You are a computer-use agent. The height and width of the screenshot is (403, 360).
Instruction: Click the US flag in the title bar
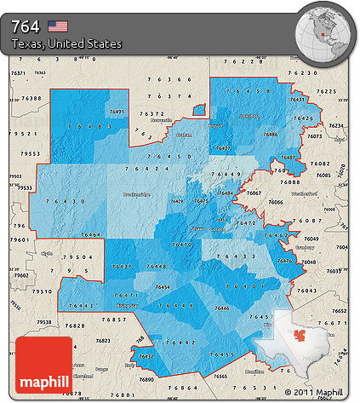click(57, 26)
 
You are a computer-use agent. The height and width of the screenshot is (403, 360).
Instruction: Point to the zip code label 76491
click(117, 112)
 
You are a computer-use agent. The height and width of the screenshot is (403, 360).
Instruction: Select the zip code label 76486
click(270, 135)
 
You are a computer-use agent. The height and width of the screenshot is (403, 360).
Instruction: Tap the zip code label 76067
click(254, 193)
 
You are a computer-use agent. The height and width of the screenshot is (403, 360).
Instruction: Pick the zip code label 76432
click(146, 356)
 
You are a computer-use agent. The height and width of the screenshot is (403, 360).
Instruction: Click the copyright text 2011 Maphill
click(318, 392)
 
